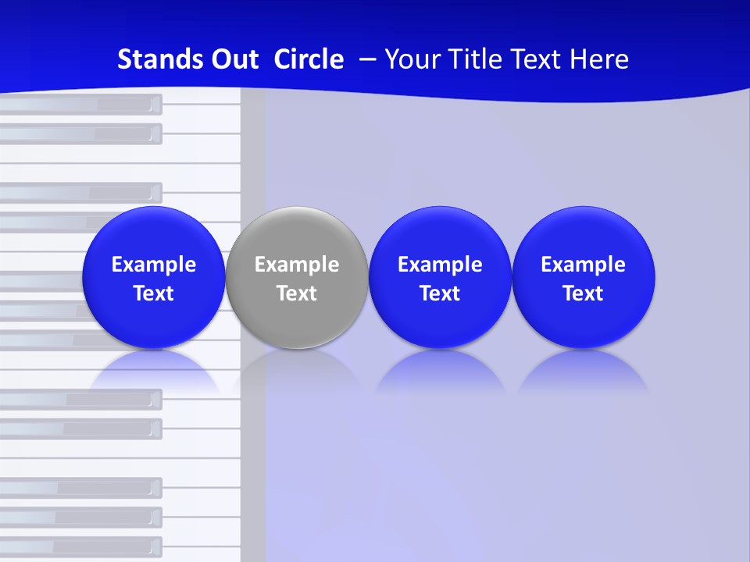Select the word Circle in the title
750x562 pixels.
click(309, 59)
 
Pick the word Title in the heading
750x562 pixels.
click(477, 59)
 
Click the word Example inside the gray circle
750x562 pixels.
click(297, 265)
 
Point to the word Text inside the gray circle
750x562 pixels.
click(297, 293)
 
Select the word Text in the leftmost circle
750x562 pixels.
click(153, 293)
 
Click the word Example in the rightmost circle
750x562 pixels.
click(583, 265)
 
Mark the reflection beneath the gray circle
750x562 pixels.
click(297, 371)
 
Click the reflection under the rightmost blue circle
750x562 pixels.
click(583, 371)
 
